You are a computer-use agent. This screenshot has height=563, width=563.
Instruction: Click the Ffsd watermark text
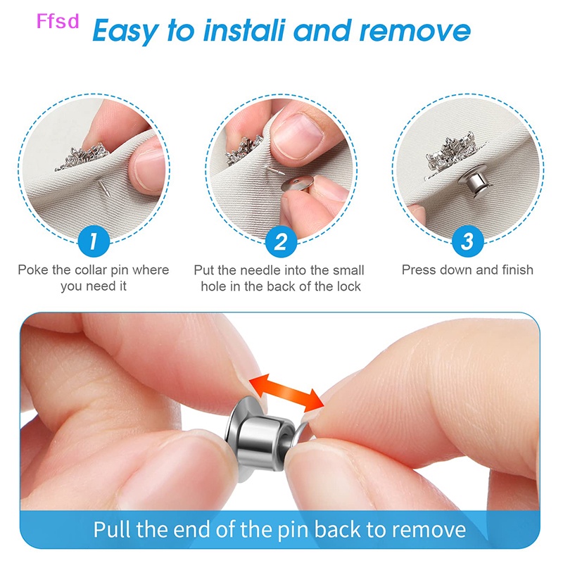click(58, 22)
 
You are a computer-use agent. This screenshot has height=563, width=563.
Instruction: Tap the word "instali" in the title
click(239, 31)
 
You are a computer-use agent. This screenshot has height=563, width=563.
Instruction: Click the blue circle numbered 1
click(94, 242)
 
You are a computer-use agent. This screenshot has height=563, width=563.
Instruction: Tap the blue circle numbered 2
click(281, 242)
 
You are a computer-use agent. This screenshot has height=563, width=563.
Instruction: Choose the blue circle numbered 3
click(467, 242)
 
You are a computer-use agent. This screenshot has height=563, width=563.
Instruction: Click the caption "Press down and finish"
click(467, 270)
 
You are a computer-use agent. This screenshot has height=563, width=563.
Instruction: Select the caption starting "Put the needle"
click(280, 278)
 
